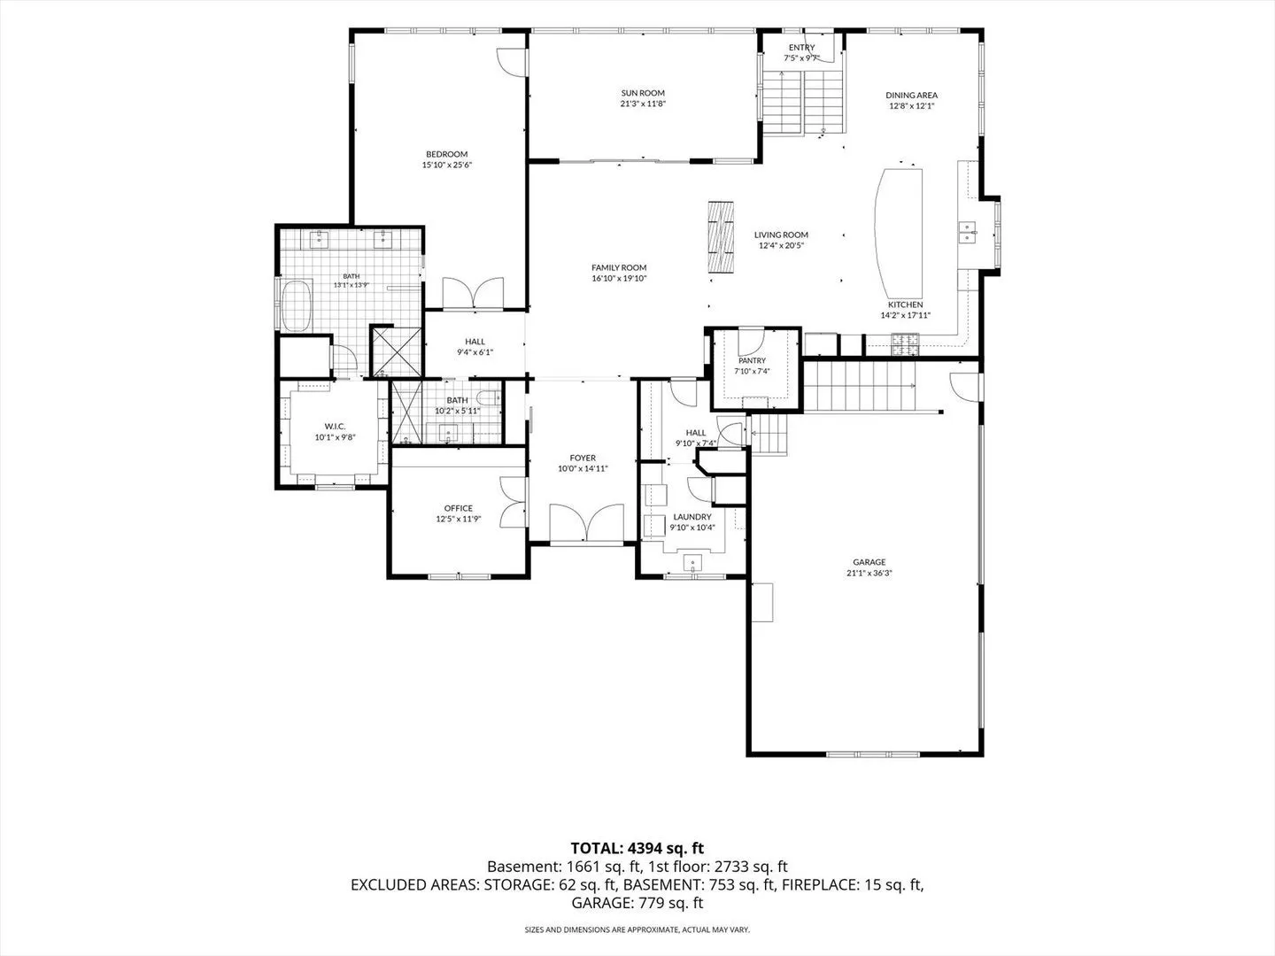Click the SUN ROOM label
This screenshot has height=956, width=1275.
[643, 93]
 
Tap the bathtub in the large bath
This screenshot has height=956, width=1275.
[297, 306]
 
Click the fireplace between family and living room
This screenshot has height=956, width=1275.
[720, 236]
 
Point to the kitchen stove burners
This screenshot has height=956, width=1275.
[906, 344]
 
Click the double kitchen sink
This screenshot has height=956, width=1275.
[967, 232]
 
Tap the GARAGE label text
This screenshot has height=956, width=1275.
[869, 562]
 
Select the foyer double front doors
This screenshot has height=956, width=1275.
[587, 523]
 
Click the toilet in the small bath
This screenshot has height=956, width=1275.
[488, 398]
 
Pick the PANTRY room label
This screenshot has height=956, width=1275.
[753, 360]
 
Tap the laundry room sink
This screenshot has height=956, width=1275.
[692, 563]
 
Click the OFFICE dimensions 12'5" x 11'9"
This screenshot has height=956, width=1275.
[459, 519]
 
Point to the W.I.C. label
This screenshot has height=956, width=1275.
[336, 427]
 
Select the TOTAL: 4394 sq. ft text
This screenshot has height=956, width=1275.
[637, 849]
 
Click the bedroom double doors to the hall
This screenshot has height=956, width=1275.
[473, 292]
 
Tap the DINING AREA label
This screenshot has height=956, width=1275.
[911, 96]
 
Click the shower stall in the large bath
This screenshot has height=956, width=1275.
[397, 351]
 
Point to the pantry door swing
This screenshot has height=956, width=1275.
[751, 343]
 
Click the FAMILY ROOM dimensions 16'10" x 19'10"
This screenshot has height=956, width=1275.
[619, 278]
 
